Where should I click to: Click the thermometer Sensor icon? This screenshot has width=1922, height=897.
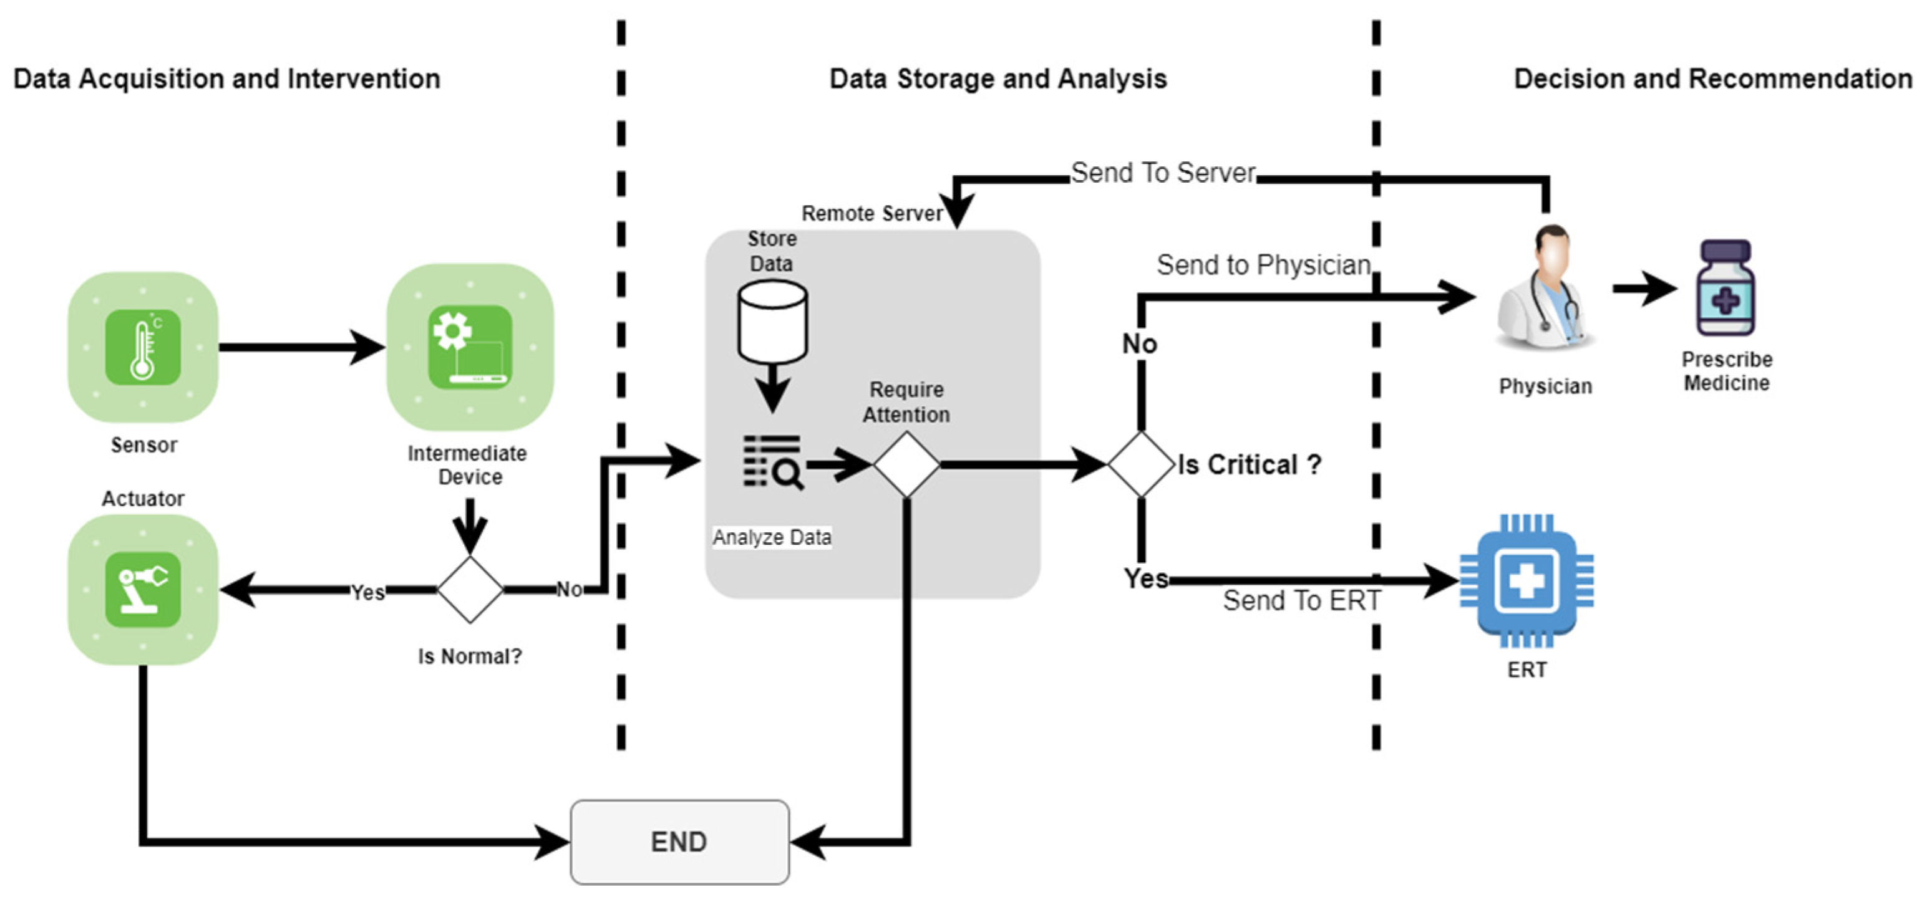(x=142, y=347)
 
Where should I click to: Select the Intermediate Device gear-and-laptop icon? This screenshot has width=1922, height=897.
(x=470, y=347)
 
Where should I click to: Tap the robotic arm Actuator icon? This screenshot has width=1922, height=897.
(x=142, y=589)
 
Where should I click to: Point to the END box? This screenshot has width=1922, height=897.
(x=679, y=842)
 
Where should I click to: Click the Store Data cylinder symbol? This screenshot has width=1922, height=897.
(x=772, y=322)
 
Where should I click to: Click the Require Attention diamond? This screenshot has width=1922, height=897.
(x=906, y=464)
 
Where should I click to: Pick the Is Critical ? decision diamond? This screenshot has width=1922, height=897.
(x=1141, y=464)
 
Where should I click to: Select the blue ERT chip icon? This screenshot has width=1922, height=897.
(x=1526, y=580)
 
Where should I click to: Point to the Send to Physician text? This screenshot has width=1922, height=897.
(x=1263, y=265)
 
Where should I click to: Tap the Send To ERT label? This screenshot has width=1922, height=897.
(x=1301, y=600)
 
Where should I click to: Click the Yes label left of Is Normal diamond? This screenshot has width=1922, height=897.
(x=368, y=592)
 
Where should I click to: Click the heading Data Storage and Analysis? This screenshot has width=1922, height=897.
(x=997, y=79)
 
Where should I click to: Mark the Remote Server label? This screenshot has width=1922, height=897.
(x=871, y=214)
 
